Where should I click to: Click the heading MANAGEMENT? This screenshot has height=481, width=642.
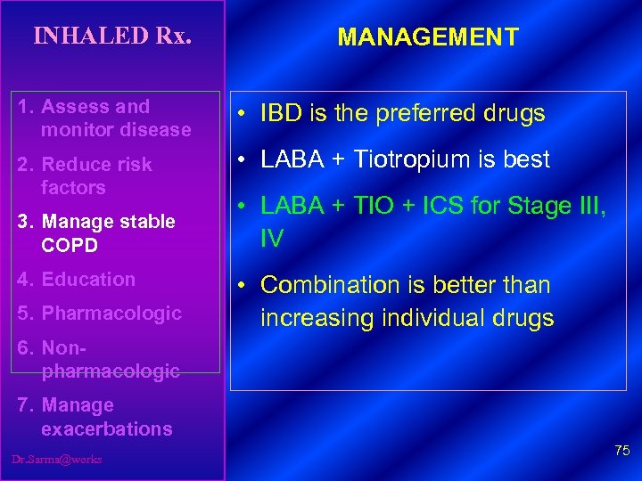click(428, 37)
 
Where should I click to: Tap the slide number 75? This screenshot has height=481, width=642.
click(621, 452)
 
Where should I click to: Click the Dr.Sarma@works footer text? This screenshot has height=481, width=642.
click(57, 459)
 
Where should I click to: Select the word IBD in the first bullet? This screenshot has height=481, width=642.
click(279, 115)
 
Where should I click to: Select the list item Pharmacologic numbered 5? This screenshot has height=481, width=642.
click(111, 314)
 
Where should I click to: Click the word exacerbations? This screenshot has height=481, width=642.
click(106, 429)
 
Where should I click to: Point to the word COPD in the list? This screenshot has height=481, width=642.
click(69, 244)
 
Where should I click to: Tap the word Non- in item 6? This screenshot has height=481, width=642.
click(61, 348)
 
